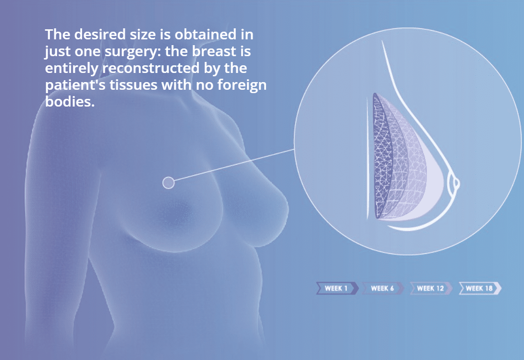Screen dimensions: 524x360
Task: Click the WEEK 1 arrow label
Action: pos(337,288)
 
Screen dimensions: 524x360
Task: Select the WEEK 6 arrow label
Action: pos(383,288)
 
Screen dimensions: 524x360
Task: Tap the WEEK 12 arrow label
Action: pos(431,288)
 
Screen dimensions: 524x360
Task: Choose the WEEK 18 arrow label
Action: pos(480,288)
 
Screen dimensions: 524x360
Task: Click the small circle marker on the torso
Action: pos(169,183)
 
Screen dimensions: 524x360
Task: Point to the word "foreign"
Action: pos(242,85)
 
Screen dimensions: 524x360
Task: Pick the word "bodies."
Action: pos(70,102)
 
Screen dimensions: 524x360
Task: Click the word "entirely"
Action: pos(72,69)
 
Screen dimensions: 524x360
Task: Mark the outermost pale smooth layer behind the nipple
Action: pos(435,187)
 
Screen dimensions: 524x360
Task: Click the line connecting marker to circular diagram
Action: pos(234,165)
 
